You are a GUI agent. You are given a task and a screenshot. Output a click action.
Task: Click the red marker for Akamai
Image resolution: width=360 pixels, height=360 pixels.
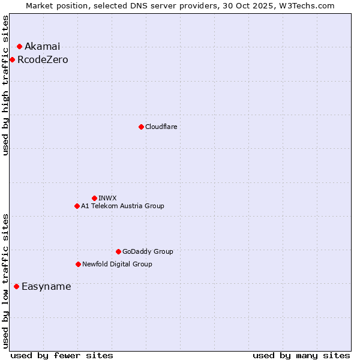19,46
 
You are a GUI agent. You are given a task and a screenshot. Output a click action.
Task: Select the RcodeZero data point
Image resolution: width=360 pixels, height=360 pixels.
12,59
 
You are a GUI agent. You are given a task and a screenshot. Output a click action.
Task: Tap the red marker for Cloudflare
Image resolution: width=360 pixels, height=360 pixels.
141,127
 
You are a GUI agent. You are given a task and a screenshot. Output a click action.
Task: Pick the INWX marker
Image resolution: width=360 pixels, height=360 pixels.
94,198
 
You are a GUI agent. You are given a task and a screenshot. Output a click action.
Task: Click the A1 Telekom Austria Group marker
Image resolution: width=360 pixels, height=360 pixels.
77,206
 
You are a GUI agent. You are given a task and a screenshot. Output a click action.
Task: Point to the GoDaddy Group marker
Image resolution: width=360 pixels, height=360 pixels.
118,251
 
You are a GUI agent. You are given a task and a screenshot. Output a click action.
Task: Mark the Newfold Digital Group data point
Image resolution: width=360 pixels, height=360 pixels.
78,264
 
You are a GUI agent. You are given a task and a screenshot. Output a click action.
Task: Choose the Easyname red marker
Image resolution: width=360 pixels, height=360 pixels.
16,286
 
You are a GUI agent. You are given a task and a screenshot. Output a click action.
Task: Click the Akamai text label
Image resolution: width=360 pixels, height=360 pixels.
42,47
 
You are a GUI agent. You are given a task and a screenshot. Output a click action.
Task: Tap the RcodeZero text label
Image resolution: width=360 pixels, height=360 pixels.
43,60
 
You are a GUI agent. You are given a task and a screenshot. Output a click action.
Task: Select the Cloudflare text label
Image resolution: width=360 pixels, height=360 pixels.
161,127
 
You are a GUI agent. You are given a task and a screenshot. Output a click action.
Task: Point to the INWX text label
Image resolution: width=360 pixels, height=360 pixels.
107,199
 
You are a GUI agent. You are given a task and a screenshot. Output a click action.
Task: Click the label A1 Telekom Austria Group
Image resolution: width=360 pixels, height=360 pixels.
122,206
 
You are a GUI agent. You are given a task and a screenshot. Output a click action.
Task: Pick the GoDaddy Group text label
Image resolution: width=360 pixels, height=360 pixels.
148,252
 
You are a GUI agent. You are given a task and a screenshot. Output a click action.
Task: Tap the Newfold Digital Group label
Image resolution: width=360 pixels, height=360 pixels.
117,265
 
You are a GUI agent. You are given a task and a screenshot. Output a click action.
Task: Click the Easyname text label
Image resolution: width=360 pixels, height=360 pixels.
46,287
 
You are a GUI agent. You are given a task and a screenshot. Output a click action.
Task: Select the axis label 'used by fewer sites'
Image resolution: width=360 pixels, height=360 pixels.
62,355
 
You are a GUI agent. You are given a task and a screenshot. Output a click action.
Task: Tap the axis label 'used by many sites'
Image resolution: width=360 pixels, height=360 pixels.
301,355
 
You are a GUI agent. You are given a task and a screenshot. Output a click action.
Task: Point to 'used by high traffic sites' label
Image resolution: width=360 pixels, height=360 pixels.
6,85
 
